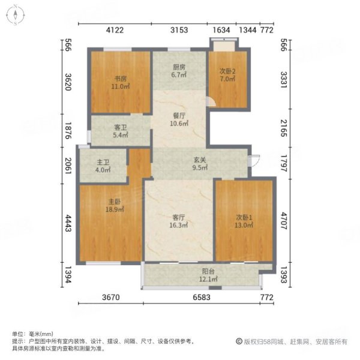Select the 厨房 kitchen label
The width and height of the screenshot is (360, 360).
click(178, 67)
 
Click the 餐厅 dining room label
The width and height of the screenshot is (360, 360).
click(178, 116)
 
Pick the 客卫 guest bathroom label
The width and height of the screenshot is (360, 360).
click(121, 127)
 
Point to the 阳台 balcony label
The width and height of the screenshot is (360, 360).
click(206, 271)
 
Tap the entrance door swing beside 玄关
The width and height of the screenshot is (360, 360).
click(255, 161)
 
